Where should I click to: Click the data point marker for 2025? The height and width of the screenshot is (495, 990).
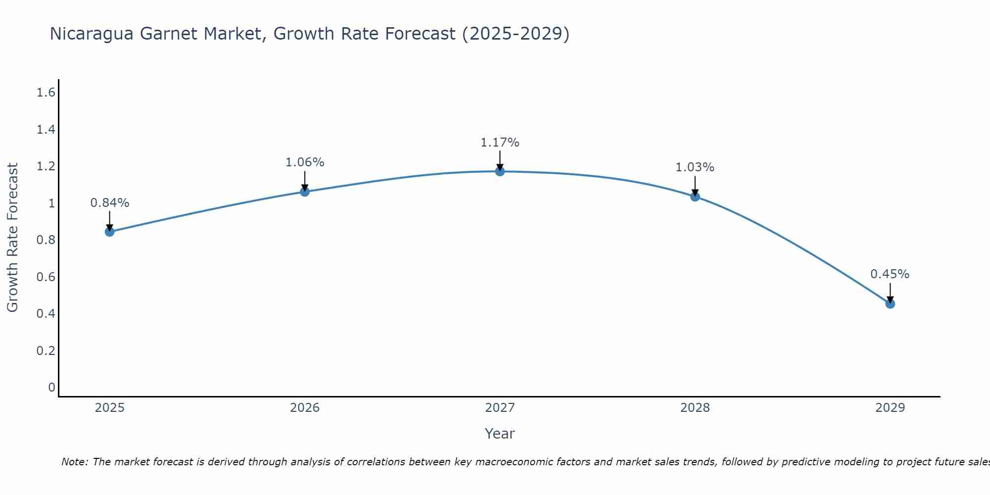(x=109, y=232)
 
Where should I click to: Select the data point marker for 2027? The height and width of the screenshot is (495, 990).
(x=500, y=171)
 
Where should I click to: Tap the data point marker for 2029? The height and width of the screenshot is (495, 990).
(x=890, y=303)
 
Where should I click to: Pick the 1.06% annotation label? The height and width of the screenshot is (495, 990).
(x=304, y=162)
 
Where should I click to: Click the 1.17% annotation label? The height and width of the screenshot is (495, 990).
(x=500, y=143)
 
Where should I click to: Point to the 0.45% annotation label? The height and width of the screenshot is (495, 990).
(x=890, y=274)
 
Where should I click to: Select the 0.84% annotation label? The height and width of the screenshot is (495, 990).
(x=109, y=203)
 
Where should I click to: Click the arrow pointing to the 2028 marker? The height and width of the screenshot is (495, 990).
(x=695, y=186)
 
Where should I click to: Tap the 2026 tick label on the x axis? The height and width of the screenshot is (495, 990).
(x=304, y=408)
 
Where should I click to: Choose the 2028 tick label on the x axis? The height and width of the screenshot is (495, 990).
(x=695, y=408)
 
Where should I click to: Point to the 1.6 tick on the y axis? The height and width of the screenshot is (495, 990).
(x=46, y=93)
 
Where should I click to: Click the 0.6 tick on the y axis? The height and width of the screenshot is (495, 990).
(x=46, y=277)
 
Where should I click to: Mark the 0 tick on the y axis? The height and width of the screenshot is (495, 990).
(x=51, y=387)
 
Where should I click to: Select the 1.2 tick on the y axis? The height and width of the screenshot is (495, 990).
(x=46, y=166)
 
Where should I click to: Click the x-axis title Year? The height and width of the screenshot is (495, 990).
(x=500, y=434)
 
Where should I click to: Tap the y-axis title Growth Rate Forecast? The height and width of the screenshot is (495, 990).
(x=12, y=238)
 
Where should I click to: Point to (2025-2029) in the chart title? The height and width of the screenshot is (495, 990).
(x=515, y=34)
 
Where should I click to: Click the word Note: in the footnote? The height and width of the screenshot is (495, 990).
(x=75, y=462)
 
